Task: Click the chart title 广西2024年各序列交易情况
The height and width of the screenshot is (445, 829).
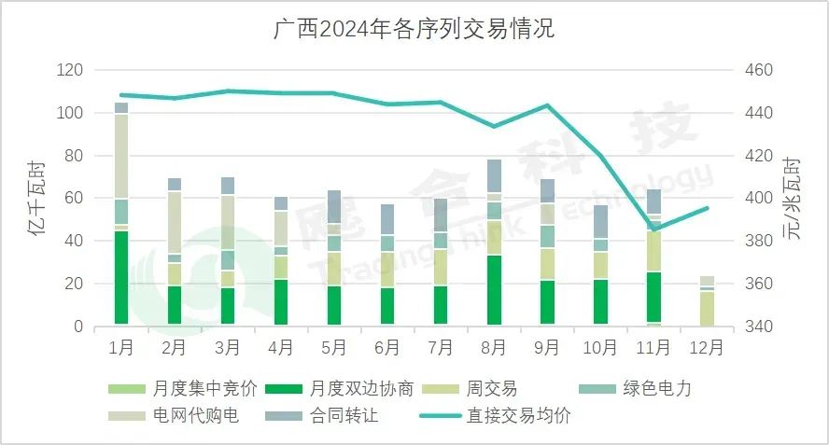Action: pyautogui.click(x=414, y=28)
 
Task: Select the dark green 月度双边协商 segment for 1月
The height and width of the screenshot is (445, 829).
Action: pyautogui.click(x=121, y=278)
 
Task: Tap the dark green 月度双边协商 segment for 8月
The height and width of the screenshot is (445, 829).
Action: pyautogui.click(x=494, y=290)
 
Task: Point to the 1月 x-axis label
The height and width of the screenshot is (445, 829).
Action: pyautogui.click(x=121, y=348)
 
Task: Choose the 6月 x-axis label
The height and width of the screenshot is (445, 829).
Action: pyautogui.click(x=386, y=348)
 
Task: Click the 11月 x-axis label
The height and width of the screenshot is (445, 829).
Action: pyautogui.click(x=653, y=348)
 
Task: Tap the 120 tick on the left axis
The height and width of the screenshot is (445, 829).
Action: pyautogui.click(x=70, y=70)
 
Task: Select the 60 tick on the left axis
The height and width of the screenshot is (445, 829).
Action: pyautogui.click(x=74, y=198)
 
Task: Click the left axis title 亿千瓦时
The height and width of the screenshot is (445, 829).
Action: pyautogui.click(x=37, y=198)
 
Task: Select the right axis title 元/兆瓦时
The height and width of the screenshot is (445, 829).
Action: pyautogui.click(x=794, y=198)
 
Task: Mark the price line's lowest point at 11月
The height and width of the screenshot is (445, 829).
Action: pyautogui.click(x=653, y=229)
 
